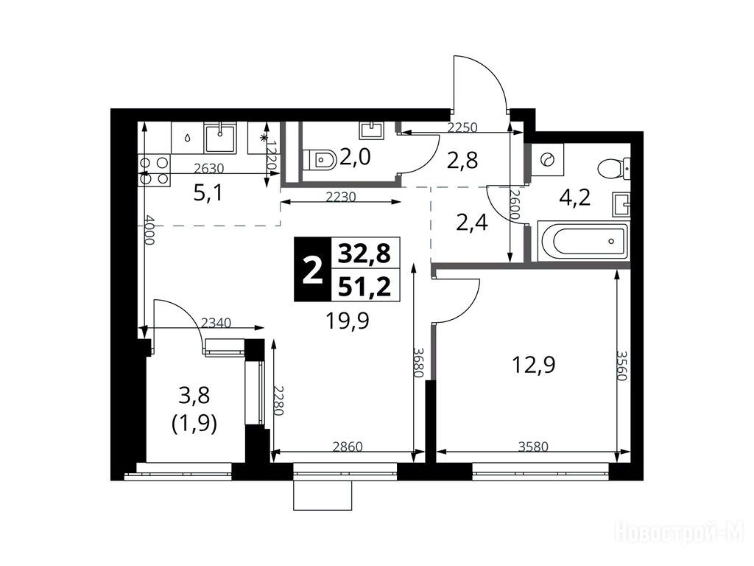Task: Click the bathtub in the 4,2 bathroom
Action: [583, 241]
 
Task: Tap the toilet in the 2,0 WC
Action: [320, 159]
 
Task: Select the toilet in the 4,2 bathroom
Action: [614, 169]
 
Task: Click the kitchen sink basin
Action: [220, 139]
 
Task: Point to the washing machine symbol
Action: [548, 159]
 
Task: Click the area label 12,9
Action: [533, 365]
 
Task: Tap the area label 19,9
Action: [348, 320]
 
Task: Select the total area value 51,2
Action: [364, 287]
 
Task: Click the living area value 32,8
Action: [364, 254]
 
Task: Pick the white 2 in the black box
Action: [313, 270]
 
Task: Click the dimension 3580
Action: [533, 446]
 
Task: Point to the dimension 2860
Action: [348, 446]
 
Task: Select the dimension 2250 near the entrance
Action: [462, 127]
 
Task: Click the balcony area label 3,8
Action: [194, 396]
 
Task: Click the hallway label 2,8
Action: [462, 161]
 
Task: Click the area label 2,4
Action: [472, 223]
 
